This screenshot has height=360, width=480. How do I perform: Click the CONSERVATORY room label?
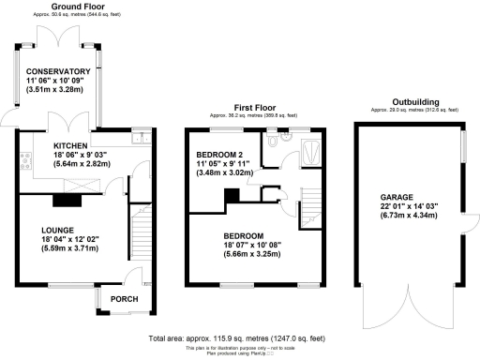pyautogui.click(x=58, y=71)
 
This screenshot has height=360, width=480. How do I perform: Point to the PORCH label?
pyautogui.click(x=125, y=300)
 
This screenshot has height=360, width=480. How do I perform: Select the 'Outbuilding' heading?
pyautogui.click(x=406, y=104)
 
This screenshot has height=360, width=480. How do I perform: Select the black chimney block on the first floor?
pyautogui.click(x=228, y=196)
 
